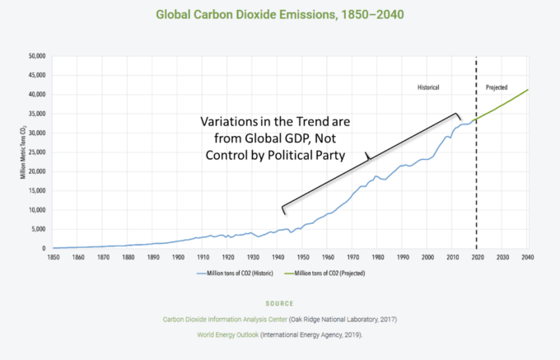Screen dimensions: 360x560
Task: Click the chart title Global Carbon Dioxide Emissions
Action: click(x=280, y=14)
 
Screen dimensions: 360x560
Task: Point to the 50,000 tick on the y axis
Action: click(x=36, y=56)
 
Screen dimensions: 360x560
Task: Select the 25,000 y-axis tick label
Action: click(x=36, y=152)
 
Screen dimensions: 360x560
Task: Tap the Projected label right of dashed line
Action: click(x=497, y=86)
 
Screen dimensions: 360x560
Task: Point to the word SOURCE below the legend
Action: click(x=280, y=304)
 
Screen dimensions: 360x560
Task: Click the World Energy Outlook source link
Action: click(x=228, y=335)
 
